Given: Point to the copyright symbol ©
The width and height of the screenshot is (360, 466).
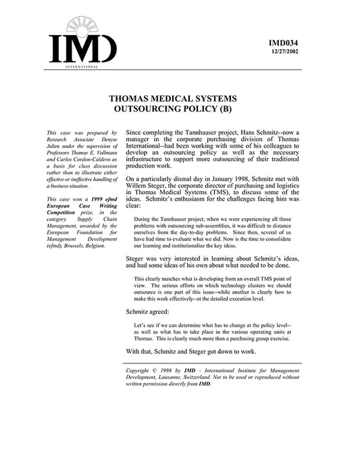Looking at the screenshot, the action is [x=158, y=371].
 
